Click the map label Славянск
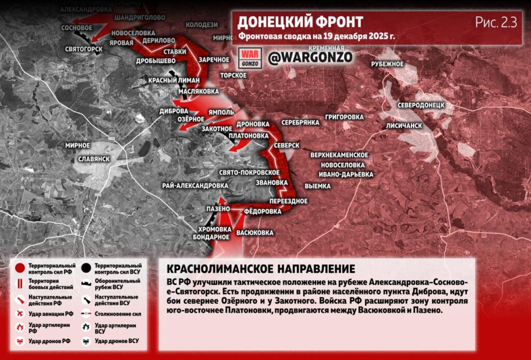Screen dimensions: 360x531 pyautogui.click(x=94, y=158)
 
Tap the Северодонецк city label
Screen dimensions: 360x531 pyautogui.click(x=421, y=105)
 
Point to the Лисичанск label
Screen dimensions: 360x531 pyautogui.click(x=403, y=126)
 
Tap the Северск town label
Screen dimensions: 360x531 pyautogui.click(x=287, y=145)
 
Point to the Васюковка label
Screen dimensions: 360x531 pyautogui.click(x=255, y=233)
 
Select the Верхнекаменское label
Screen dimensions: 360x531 pyautogui.click(x=340, y=155)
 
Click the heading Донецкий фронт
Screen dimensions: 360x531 pyautogui.click(x=300, y=22)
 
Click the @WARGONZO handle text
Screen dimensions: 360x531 pyautogui.click(x=310, y=57)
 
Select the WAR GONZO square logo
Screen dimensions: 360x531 pyautogui.click(x=251, y=57)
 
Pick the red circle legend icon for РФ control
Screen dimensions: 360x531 pyautogui.click(x=20, y=268)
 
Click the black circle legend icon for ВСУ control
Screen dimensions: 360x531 pyautogui.click(x=86, y=268)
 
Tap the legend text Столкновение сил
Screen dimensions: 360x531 pyautogui.click(x=118, y=314)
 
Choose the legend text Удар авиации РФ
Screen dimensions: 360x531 pyautogui.click(x=51, y=314)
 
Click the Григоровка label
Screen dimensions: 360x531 pyautogui.click(x=345, y=117)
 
